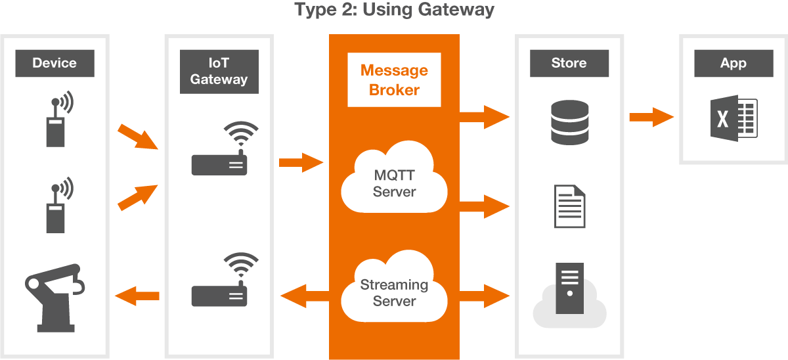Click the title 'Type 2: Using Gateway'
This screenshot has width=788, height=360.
(x=394, y=11)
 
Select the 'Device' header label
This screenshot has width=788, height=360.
(x=55, y=64)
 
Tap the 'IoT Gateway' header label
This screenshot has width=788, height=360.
(x=219, y=71)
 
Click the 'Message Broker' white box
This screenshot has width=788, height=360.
(x=394, y=80)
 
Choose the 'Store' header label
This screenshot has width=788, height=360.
(x=569, y=64)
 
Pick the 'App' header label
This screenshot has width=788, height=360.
(x=733, y=64)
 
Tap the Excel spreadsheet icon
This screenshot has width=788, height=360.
(x=733, y=119)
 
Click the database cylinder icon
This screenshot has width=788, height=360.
(x=569, y=122)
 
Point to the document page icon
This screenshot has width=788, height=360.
(x=569, y=206)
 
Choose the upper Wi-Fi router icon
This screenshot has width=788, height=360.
(x=219, y=150)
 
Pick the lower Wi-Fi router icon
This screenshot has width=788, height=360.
(x=219, y=281)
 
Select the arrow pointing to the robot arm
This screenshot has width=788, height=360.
(x=137, y=296)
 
